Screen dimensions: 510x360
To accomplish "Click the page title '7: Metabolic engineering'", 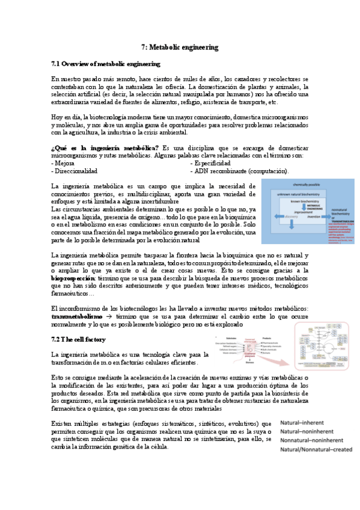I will click(x=179, y=47).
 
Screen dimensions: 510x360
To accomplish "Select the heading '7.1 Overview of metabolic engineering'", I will click(x=105, y=63).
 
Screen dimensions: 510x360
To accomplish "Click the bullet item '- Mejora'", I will click(x=63, y=163).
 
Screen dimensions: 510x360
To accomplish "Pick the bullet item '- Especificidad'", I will click(x=210, y=163).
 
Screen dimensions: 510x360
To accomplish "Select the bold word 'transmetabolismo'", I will click(x=77, y=316).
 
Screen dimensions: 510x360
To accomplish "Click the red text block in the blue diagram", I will click(x=341, y=232).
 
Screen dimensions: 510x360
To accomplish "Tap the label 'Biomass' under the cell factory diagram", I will click(x=249, y=363).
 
